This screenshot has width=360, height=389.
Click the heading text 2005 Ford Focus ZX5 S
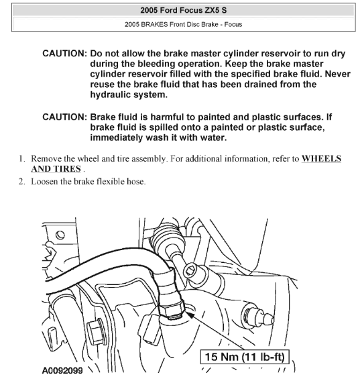183,10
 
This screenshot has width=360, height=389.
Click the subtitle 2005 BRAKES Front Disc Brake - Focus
183,24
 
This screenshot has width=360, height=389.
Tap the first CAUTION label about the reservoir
64,54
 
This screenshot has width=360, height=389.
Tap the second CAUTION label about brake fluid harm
64,117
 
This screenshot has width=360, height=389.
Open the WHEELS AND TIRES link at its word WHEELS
321,158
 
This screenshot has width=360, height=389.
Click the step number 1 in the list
22,158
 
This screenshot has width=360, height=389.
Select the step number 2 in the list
22,181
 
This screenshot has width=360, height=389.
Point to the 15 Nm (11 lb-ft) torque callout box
245,357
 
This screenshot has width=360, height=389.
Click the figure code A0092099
62,371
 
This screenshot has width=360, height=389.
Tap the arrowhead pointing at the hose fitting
190,315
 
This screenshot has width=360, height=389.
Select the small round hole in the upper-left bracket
60,235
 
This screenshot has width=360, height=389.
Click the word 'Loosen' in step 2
44,181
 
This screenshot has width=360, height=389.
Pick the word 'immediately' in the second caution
116,137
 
